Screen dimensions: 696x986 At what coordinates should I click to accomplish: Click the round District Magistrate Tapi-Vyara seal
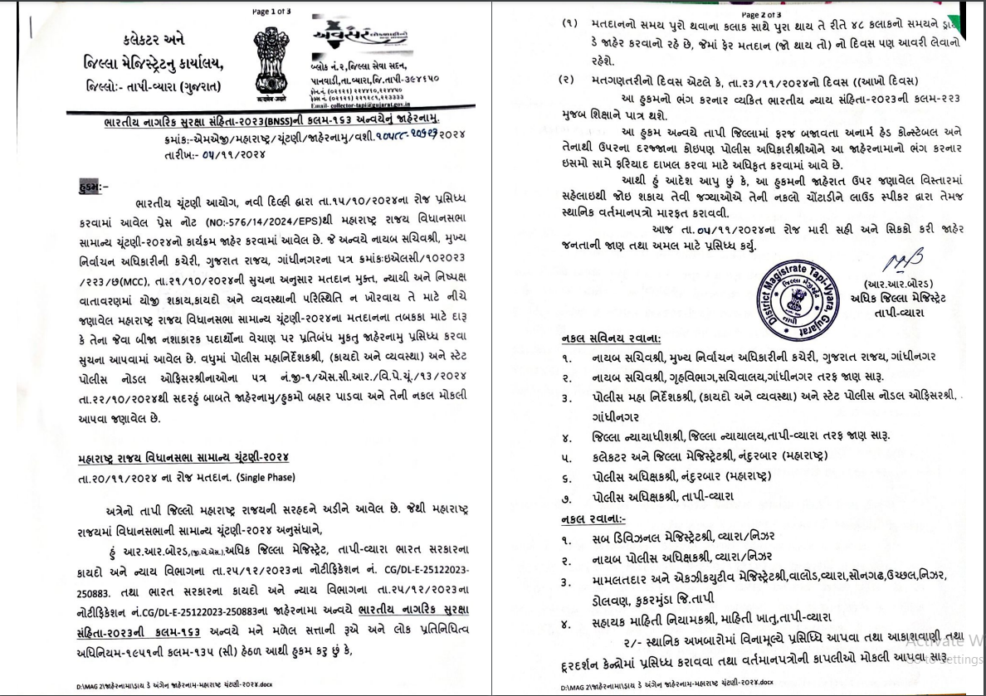click(803, 294)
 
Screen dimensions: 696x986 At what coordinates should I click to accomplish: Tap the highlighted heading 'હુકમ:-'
click(87, 187)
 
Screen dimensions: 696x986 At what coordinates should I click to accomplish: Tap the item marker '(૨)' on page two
click(568, 80)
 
